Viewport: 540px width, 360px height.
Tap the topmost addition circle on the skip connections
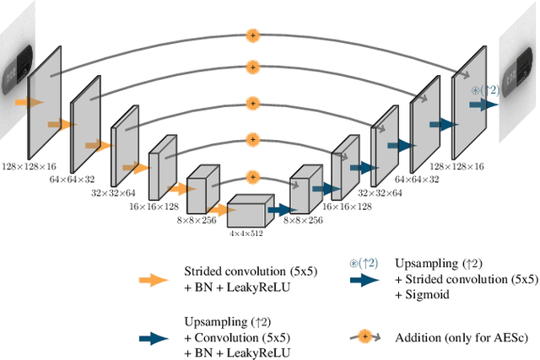tap(251, 35)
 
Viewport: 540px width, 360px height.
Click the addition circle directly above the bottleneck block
tap(251, 177)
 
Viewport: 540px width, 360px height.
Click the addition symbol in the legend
tap(364, 336)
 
